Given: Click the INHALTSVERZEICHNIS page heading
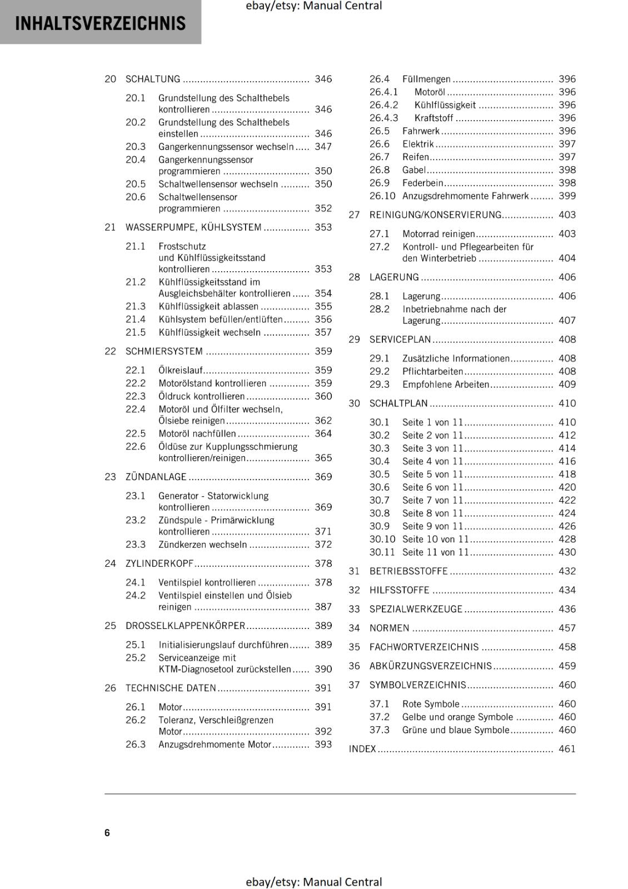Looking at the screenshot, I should click(100, 23).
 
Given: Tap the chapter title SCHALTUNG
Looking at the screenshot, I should click(153, 79).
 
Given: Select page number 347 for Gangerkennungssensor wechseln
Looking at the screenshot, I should click(323, 147).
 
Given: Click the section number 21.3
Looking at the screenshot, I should click(135, 306).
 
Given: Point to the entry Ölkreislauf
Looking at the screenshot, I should click(181, 370).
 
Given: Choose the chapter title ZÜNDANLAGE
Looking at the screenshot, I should click(156, 477).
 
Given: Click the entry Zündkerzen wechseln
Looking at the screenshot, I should click(202, 545).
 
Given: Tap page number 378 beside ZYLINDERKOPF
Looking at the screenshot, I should click(323, 563).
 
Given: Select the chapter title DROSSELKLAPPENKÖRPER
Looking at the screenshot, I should click(185, 626).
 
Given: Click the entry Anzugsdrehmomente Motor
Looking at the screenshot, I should click(215, 745).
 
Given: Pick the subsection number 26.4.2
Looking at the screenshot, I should click(383, 105).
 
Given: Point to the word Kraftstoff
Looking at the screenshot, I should click(433, 118).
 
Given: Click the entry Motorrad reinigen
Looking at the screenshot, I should click(438, 234).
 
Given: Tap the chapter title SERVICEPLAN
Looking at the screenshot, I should click(400, 339).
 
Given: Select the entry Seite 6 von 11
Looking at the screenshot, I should click(432, 487).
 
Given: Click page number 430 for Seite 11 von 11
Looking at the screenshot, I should click(567, 552).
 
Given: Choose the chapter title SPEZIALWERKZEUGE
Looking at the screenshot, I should click(416, 609).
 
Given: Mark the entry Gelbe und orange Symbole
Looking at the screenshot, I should click(457, 717).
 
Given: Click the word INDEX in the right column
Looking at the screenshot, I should click(362, 749).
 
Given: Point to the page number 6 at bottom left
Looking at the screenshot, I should click(107, 832).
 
